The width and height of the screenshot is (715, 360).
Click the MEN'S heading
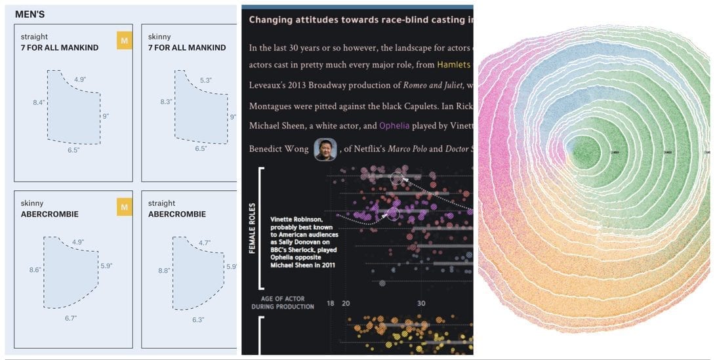[x=30, y=13]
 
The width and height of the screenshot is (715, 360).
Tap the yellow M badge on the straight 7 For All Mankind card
[x=124, y=41]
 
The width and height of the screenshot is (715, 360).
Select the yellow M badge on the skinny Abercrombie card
[x=124, y=207]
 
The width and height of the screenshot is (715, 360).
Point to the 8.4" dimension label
[x=39, y=102]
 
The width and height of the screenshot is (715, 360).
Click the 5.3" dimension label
[x=205, y=80]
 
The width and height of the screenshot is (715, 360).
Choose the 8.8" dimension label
[x=165, y=270]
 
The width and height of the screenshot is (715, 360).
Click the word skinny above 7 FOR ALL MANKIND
[x=159, y=37]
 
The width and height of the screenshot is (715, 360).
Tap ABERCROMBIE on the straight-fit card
[x=177, y=214]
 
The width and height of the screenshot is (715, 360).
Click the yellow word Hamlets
[x=454, y=65]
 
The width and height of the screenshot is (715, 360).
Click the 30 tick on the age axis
[x=421, y=303]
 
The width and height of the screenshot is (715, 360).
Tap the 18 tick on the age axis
[x=331, y=303]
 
